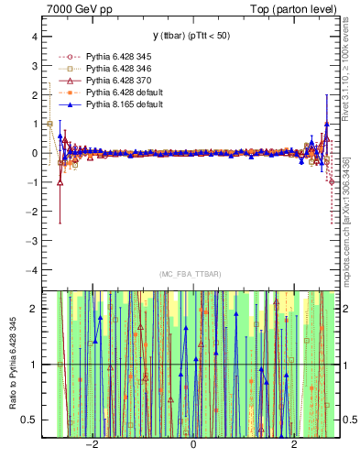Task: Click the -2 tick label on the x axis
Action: click(91, 444)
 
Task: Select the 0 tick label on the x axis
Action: click(193, 444)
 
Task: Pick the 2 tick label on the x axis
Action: click(294, 444)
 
